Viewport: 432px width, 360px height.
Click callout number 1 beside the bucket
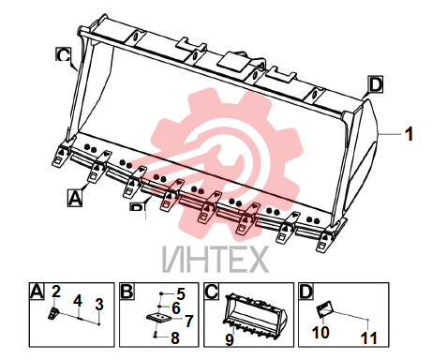[409, 134]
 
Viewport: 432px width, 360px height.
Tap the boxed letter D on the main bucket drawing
[376, 84]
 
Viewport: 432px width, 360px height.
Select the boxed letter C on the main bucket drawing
[64, 55]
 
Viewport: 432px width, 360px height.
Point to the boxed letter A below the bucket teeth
[75, 198]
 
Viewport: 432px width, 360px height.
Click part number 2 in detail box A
[56, 292]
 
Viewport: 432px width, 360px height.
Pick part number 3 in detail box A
[99, 304]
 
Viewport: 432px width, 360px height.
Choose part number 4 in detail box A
[78, 301]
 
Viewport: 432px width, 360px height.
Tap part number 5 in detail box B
[181, 293]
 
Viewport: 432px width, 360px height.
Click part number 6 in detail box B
[176, 308]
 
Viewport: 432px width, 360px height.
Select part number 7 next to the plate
[189, 322]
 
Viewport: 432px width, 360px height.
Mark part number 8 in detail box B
[175, 337]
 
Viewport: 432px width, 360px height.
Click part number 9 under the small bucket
[230, 339]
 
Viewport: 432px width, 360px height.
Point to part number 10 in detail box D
[320, 333]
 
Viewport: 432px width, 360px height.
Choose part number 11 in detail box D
[369, 338]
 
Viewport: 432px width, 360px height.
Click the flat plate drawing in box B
[159, 320]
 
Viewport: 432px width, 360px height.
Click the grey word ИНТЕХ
[216, 260]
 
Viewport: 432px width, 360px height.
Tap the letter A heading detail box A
[37, 292]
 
